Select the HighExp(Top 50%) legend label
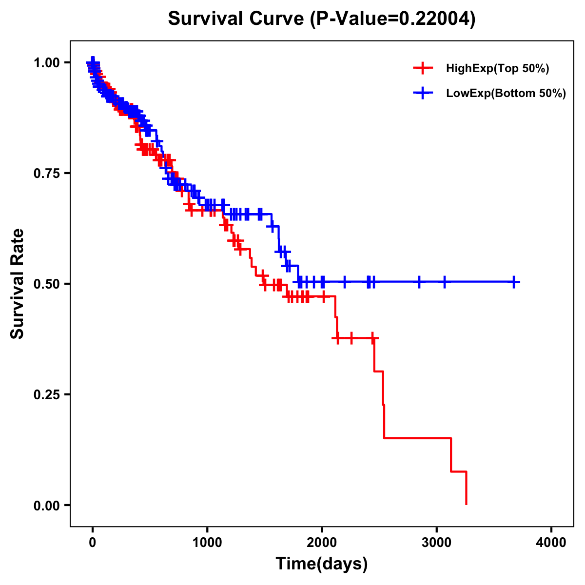(x=497, y=69)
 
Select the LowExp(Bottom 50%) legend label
(x=506, y=94)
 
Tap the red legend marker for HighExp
(x=423, y=68)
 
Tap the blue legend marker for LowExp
(x=423, y=93)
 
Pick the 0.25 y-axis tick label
(x=47, y=395)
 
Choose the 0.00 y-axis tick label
(x=47, y=506)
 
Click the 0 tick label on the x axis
(x=93, y=543)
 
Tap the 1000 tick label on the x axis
(x=207, y=543)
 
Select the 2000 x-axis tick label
(x=322, y=543)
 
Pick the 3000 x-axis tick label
(x=437, y=543)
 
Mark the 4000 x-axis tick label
(x=551, y=543)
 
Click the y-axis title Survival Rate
(x=18, y=284)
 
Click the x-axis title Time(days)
(x=322, y=564)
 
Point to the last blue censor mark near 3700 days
(x=514, y=282)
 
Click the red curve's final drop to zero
(x=467, y=488)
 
